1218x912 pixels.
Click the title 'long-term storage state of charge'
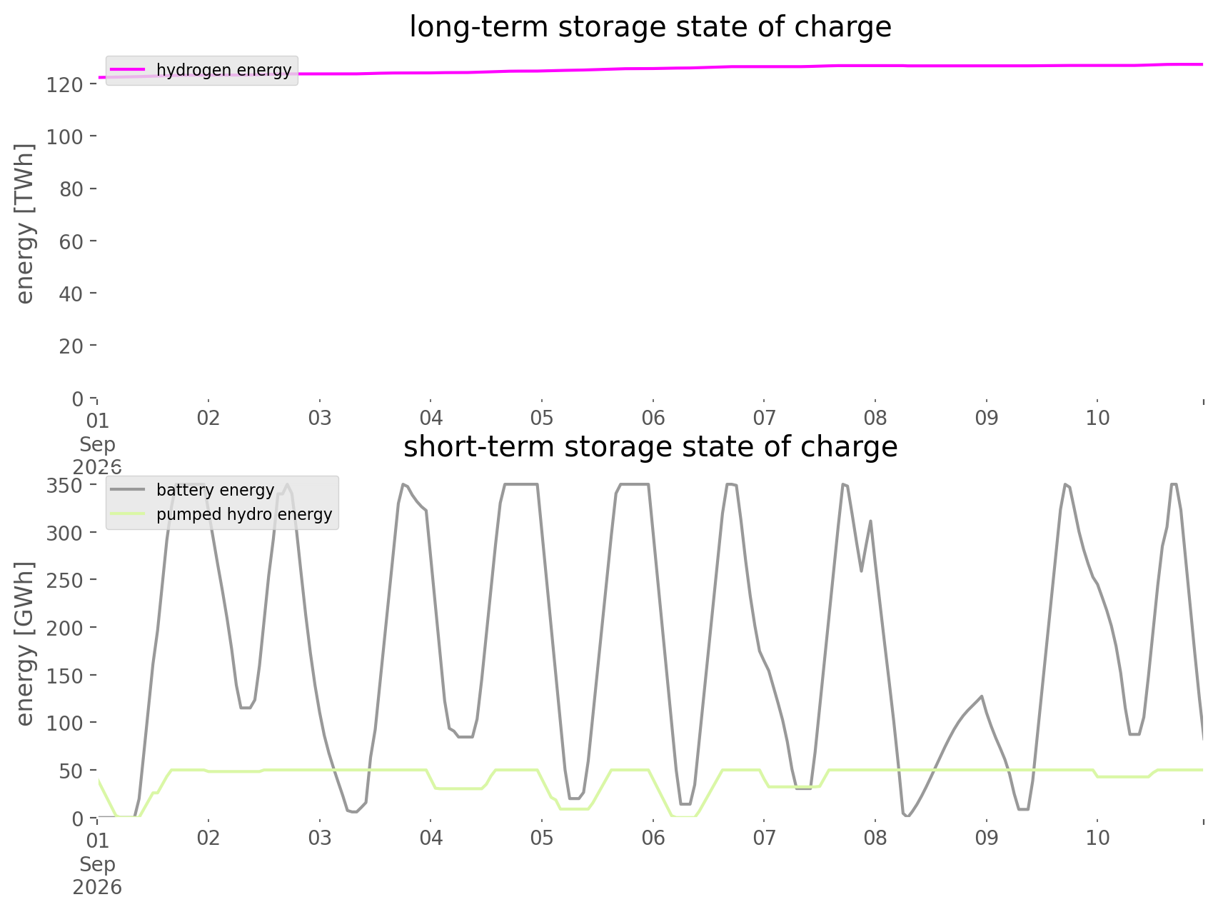coord(650,27)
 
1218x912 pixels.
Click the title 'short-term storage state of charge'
coord(650,447)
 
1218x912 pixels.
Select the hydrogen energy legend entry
coord(201,70)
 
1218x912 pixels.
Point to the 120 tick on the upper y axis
coord(71,84)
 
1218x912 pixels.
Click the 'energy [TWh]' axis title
coord(25,224)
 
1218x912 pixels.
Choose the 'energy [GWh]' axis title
coord(25,643)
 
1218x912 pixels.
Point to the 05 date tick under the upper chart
coord(542,418)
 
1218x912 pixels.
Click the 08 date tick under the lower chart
coord(875,838)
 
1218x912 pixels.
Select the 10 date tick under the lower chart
coord(1097,838)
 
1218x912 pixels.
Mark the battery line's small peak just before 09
coord(982,696)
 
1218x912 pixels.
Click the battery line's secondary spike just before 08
coord(870,521)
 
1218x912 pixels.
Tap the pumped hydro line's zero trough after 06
coord(683,816)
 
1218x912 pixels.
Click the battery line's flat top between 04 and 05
coord(521,485)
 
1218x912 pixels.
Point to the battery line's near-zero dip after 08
coord(907,815)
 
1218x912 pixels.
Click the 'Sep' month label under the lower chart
coord(97,864)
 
